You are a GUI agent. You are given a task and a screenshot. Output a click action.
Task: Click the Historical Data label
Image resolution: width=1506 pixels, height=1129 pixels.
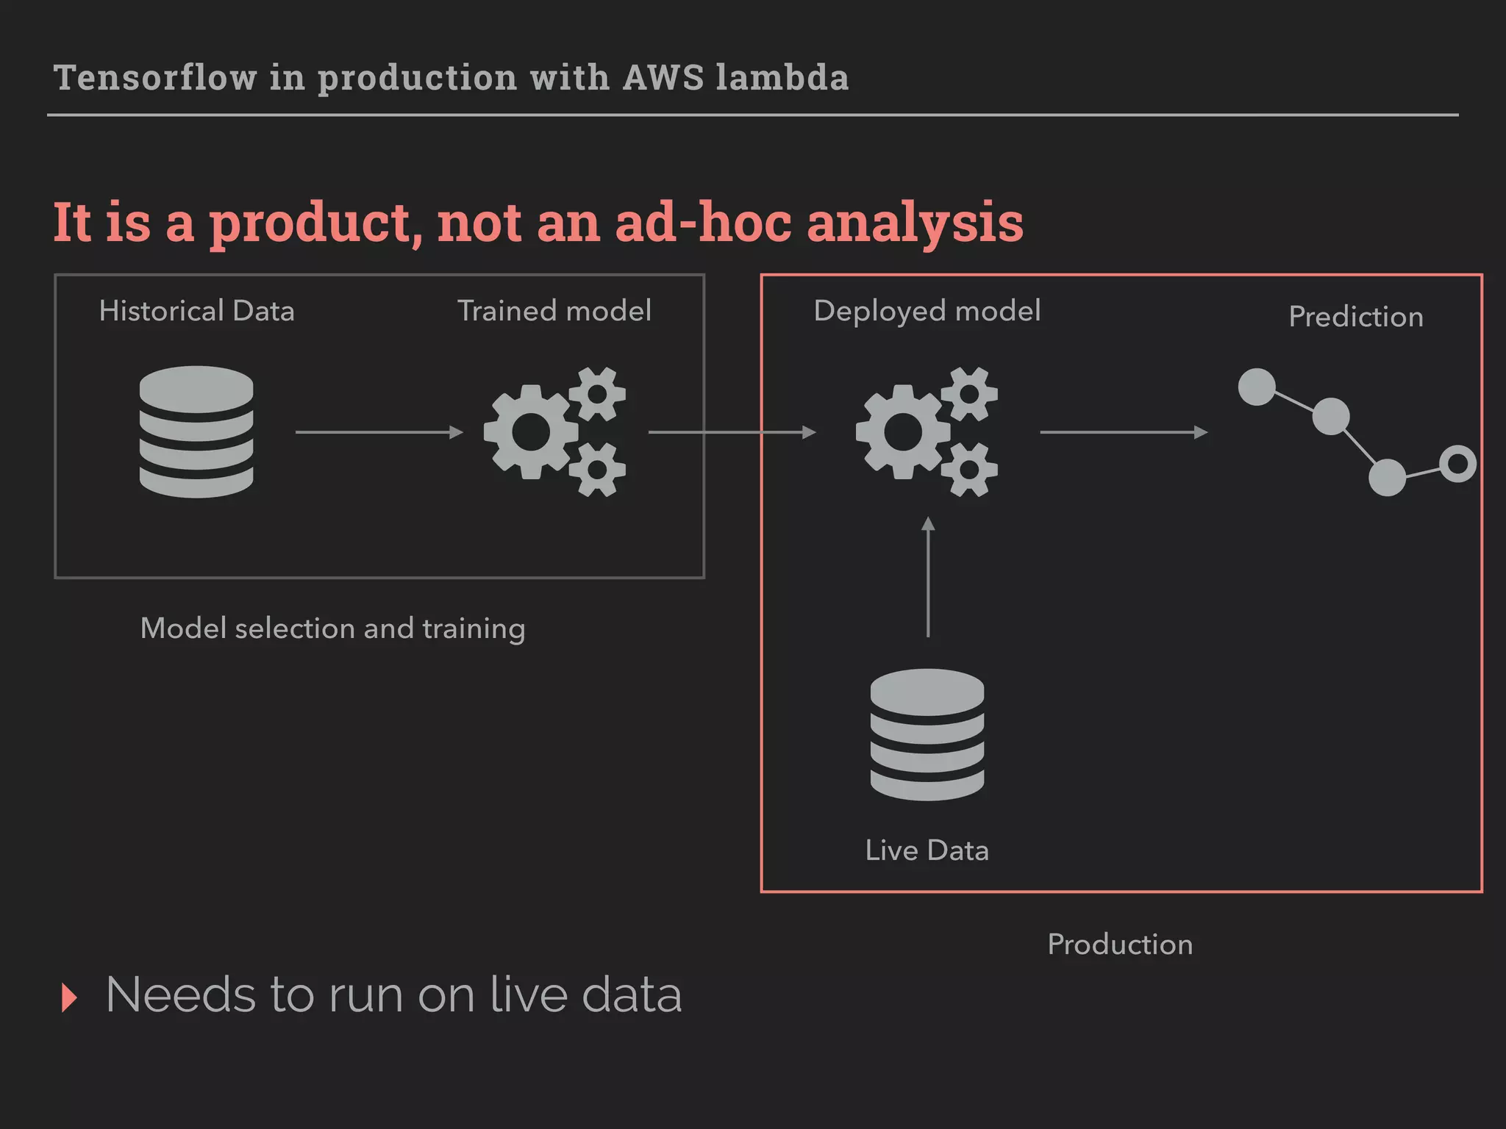196,311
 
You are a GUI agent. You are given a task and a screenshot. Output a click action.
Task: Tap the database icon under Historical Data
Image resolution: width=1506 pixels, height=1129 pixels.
196,431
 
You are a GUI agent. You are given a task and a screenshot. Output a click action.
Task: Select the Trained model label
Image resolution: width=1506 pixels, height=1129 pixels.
554,311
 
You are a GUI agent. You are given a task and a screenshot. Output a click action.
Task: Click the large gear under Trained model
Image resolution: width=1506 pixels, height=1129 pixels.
531,432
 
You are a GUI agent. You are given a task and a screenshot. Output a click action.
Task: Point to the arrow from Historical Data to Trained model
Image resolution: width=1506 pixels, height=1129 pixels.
379,432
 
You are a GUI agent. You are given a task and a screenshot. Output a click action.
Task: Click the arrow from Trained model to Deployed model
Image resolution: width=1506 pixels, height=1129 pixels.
732,432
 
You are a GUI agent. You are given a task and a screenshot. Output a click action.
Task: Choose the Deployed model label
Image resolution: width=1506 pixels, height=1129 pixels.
927,311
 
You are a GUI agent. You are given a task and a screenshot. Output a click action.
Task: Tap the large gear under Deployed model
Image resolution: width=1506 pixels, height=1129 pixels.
903,432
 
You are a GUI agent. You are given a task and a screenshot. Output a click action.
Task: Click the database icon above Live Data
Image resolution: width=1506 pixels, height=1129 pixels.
927,734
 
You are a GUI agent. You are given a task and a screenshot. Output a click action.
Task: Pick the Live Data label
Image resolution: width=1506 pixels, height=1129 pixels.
927,850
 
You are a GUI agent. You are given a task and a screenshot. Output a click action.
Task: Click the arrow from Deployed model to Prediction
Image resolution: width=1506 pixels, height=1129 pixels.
1123,432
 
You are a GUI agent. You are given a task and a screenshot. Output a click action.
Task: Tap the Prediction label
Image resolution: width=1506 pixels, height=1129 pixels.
1356,317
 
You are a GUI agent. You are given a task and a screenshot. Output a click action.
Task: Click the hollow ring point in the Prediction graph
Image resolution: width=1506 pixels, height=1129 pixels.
1457,464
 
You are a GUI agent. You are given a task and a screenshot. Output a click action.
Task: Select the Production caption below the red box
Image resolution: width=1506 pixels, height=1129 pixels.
1120,945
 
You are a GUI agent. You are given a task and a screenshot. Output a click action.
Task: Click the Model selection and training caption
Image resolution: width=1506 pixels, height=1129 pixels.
332,628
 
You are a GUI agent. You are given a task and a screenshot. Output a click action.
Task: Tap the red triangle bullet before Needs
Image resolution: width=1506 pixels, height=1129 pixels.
69,997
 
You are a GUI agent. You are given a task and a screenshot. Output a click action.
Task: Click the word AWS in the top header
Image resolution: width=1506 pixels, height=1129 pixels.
663,78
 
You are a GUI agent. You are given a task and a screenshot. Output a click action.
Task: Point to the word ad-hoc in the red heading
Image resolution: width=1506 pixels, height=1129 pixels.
703,222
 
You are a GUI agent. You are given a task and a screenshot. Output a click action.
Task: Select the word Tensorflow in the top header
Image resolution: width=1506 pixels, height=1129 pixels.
155,78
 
